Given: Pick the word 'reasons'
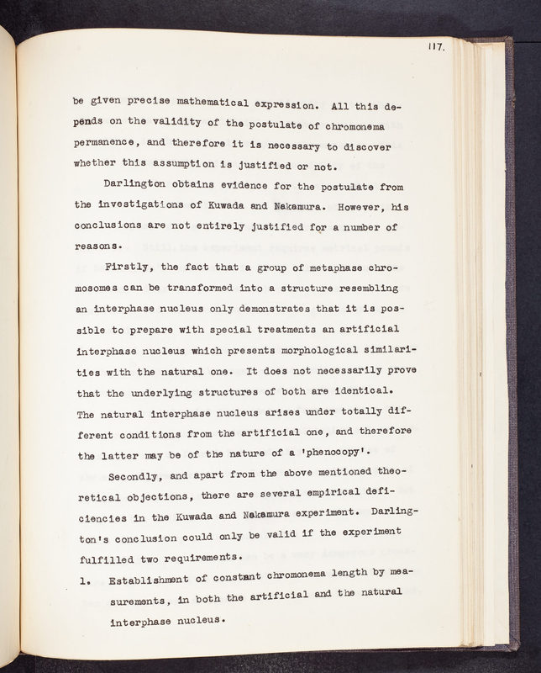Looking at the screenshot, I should (x=97, y=246).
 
